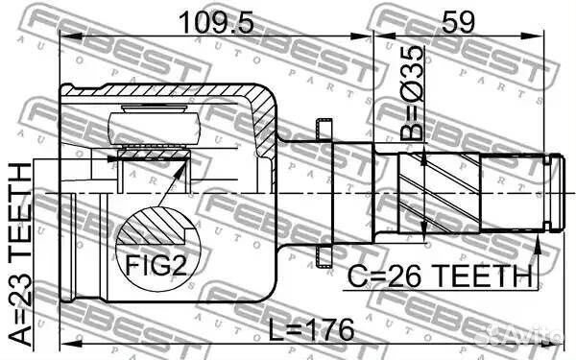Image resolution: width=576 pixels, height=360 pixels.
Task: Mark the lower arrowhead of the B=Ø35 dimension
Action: pyautogui.click(x=423, y=231)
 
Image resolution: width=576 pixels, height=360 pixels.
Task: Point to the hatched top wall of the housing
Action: pyautogui.click(x=163, y=90)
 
